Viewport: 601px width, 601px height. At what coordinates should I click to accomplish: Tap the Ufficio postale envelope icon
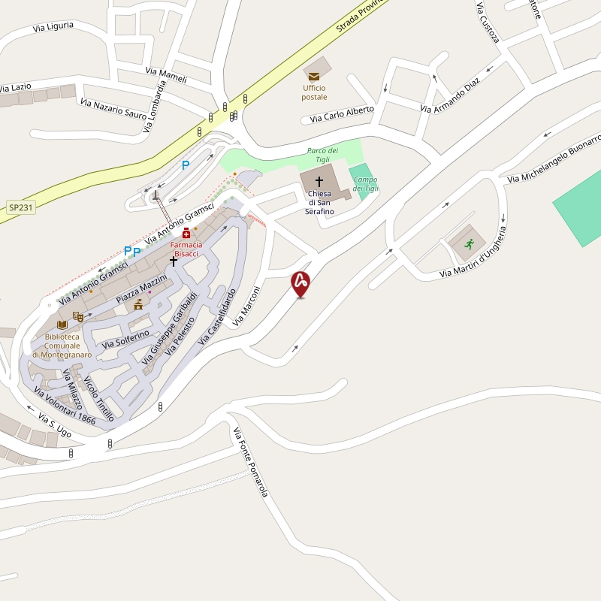(314, 76)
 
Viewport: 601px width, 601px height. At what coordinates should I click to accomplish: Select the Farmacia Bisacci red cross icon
(186, 234)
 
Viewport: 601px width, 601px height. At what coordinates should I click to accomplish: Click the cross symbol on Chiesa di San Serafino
(319, 181)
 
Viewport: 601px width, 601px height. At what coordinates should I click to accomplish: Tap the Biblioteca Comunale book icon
(62, 324)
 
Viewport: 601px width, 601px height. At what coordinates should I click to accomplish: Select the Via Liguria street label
(53, 27)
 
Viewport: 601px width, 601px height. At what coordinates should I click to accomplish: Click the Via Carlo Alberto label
(342, 114)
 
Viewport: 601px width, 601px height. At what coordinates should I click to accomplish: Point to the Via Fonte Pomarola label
(250, 462)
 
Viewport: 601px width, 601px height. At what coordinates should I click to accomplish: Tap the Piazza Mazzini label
(141, 289)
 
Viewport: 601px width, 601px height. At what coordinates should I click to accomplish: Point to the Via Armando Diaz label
(449, 96)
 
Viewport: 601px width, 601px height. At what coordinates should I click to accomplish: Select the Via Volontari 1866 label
(65, 406)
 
